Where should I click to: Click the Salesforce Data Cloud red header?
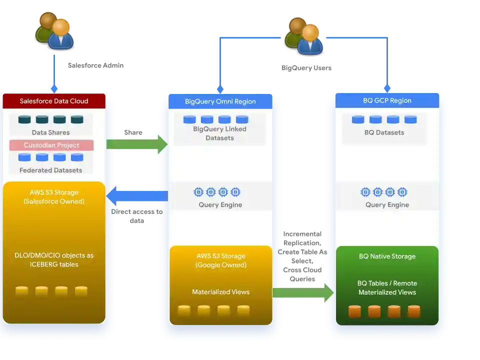coord(54,101)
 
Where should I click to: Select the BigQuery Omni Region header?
coord(220,101)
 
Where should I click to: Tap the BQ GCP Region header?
coord(387,100)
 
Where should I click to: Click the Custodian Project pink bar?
coord(51,145)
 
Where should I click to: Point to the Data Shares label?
coord(50,132)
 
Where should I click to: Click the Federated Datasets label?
coord(50,170)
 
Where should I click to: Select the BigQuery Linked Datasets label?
coord(220,133)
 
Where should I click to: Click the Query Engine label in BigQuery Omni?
coord(220,204)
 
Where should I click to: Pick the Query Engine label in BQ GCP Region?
coord(387,204)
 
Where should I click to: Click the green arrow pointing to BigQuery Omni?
coord(138,144)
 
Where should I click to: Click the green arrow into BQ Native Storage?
coord(303,293)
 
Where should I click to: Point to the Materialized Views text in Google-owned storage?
coord(220,292)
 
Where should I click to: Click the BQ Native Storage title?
coord(387,256)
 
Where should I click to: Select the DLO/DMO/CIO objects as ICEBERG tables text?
coord(54,259)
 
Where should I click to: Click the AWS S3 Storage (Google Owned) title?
coord(220,260)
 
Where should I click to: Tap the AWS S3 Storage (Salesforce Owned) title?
coord(54,197)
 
